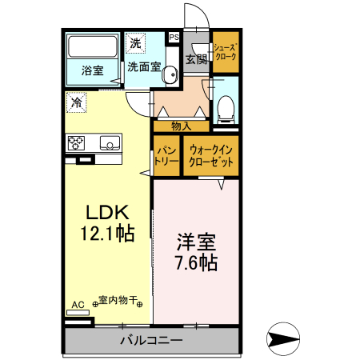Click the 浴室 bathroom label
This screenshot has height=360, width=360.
[x=92, y=70]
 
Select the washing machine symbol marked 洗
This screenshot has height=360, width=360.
[x=135, y=42]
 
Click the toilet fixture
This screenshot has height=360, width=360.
[x=226, y=106]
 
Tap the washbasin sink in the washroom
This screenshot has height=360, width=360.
[x=170, y=76]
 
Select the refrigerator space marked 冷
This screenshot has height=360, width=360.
[x=77, y=102]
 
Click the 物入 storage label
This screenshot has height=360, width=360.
[x=181, y=126]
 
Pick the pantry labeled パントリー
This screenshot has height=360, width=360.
[x=166, y=155]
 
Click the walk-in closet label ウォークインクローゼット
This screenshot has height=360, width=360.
[x=211, y=155]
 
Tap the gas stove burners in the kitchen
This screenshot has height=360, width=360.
[x=77, y=143]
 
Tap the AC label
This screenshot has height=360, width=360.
[x=78, y=305]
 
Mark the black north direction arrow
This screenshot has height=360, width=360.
[x=284, y=338]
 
